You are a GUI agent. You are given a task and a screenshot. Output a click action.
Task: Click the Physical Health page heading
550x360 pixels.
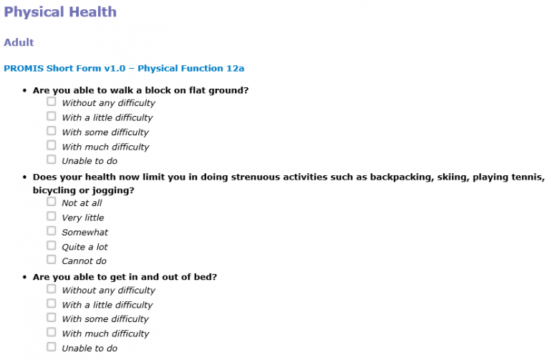click(x=60, y=12)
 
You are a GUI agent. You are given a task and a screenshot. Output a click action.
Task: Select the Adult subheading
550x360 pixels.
click(x=19, y=42)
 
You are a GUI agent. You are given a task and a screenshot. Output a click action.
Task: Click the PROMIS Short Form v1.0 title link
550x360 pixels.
click(x=124, y=68)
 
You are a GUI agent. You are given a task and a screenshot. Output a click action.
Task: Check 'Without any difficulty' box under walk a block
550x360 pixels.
click(x=52, y=102)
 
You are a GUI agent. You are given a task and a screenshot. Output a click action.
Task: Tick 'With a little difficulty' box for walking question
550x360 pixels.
click(x=52, y=116)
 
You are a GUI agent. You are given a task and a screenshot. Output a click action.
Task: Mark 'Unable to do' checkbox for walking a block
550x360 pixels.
click(x=52, y=160)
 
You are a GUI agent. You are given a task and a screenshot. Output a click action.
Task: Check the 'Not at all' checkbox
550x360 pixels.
click(x=52, y=202)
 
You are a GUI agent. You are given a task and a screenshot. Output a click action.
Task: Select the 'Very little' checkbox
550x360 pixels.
click(x=52, y=216)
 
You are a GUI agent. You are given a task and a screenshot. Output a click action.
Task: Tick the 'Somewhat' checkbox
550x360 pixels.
click(x=52, y=230)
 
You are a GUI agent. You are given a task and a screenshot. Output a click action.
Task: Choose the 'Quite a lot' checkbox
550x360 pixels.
click(x=52, y=245)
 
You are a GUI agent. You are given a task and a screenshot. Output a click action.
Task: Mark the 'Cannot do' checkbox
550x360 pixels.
click(x=52, y=260)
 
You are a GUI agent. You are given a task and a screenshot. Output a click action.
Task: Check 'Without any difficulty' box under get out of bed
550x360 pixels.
click(x=52, y=289)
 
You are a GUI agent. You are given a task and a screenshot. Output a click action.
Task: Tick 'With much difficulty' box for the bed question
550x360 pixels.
click(x=52, y=332)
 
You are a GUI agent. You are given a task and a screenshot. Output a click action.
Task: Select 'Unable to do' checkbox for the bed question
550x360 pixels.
click(x=52, y=347)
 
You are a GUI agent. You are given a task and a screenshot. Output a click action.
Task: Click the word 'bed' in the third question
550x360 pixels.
click(x=206, y=277)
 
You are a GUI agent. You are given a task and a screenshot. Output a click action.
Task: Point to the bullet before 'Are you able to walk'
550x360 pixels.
click(x=24, y=90)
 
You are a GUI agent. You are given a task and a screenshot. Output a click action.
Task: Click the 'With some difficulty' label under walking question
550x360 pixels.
click(x=105, y=132)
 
